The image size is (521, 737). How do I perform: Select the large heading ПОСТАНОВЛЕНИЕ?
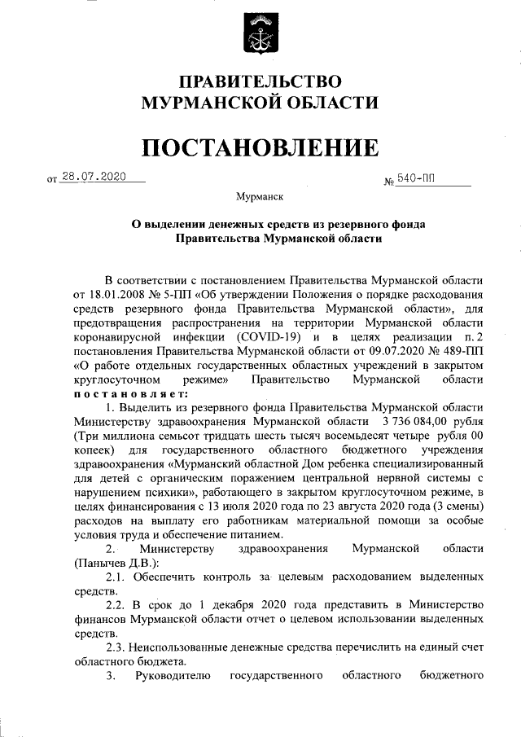click(260, 147)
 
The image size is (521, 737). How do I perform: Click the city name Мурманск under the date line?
click(260, 197)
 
